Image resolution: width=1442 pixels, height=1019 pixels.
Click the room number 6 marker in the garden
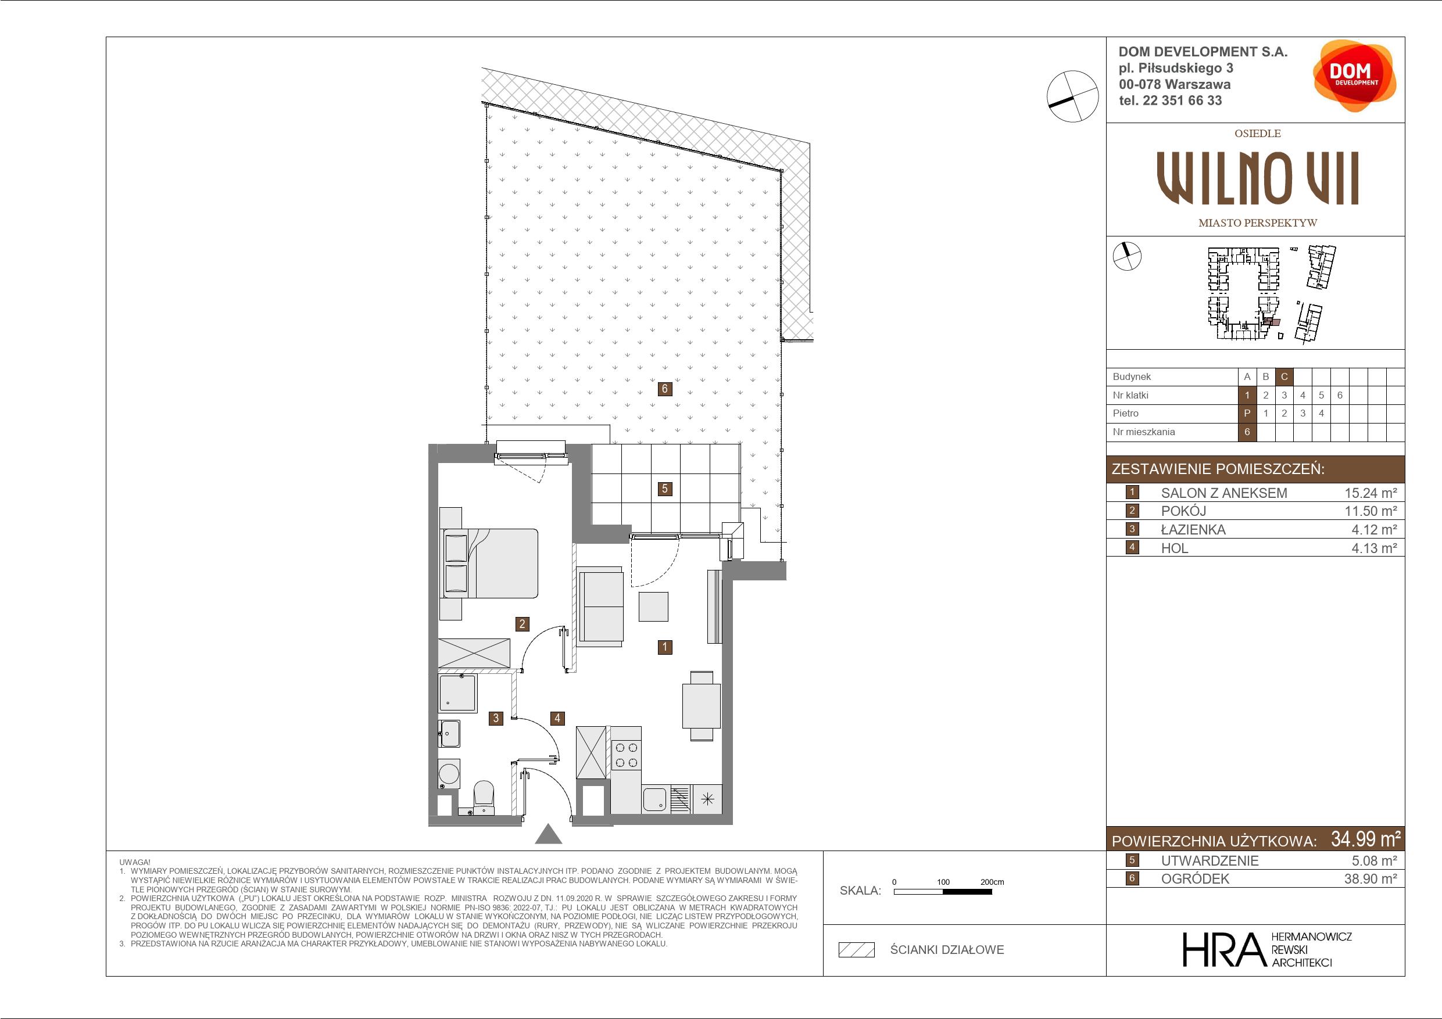(664, 389)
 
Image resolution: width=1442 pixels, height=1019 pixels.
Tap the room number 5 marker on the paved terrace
(664, 489)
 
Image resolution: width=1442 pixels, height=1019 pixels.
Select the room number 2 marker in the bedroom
(521, 623)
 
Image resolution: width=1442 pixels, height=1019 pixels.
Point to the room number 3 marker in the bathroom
(496, 717)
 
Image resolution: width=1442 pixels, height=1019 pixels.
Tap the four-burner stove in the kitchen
(626, 755)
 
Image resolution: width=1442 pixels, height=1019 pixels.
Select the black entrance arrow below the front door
(548, 834)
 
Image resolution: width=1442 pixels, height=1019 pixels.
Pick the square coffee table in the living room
(653, 607)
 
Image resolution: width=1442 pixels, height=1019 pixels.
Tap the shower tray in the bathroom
(458, 693)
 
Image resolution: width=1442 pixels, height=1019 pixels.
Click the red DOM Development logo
(1354, 76)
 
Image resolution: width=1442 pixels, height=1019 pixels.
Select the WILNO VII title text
(1257, 178)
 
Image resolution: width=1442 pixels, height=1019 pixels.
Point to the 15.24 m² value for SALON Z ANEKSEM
(1371, 493)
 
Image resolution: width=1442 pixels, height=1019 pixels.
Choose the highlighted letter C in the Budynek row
(1284, 376)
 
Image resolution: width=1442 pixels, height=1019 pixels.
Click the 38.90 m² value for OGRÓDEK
(1371, 878)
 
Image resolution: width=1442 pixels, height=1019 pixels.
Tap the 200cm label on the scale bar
(992, 882)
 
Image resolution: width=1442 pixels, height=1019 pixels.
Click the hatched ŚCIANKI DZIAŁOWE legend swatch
(857, 950)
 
